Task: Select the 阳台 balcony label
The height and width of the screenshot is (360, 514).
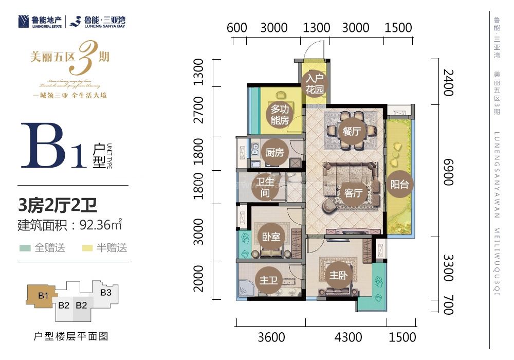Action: (x=399, y=184)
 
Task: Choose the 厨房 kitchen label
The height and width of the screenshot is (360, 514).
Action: (x=274, y=153)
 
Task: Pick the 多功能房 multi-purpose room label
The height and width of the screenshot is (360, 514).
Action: (x=280, y=115)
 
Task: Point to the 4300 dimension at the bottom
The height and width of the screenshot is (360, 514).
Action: (x=348, y=337)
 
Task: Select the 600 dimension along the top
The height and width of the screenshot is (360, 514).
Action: (x=237, y=28)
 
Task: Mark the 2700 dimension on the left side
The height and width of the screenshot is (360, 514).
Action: (x=198, y=110)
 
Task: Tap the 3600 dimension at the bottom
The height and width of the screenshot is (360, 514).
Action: (x=271, y=337)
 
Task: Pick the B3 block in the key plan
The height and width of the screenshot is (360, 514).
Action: (x=106, y=293)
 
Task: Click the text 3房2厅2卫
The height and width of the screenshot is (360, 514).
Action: (x=58, y=206)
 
